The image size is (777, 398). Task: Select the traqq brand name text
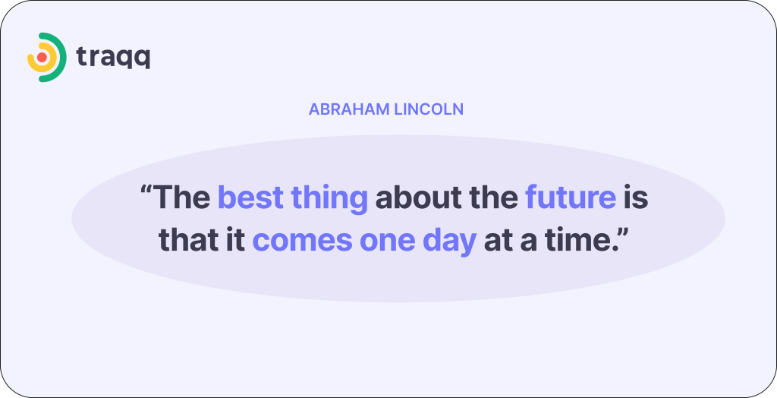click(x=113, y=57)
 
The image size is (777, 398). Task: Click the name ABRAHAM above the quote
click(x=348, y=109)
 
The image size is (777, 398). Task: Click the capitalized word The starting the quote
click(x=182, y=197)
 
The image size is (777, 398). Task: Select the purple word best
click(x=247, y=197)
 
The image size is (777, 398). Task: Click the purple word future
click(x=570, y=197)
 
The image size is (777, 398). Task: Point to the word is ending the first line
click(x=636, y=197)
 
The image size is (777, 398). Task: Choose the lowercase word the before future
click(x=492, y=197)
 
